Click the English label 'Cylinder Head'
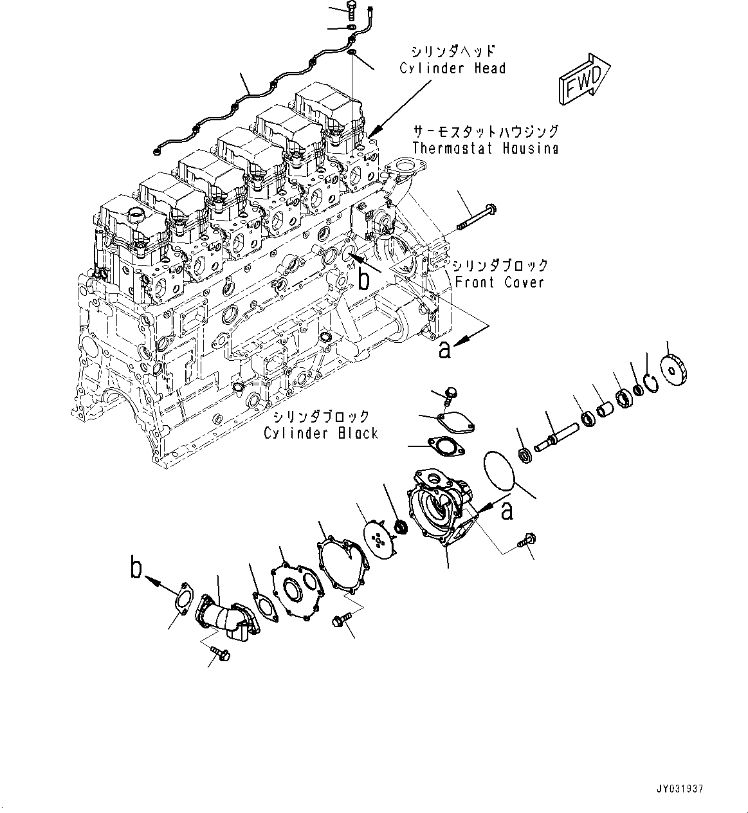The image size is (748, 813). [x=452, y=68]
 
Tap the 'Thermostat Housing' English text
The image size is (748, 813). [x=485, y=148]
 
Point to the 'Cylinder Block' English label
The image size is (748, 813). [x=320, y=433]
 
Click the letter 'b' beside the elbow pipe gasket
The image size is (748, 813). [x=136, y=569]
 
